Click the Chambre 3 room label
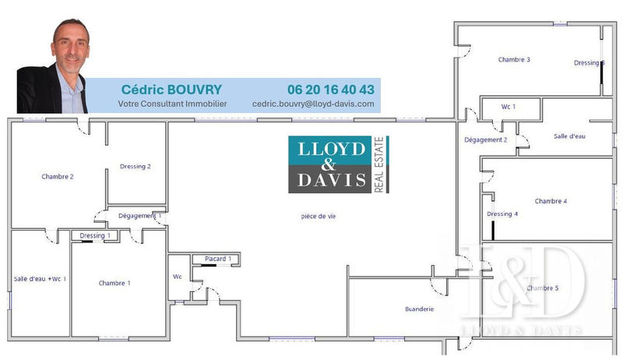514,59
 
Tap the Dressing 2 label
135,167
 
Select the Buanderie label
420,309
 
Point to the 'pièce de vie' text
319,216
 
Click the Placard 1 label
218,259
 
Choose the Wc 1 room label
509,107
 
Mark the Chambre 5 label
543,288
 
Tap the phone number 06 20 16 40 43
331,90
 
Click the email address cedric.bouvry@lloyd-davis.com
313,104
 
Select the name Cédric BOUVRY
171,90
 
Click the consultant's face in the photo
71,48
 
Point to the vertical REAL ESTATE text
379,164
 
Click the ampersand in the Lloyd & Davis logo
328,164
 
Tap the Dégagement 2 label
485,139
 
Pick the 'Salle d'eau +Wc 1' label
40,279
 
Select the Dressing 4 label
502,214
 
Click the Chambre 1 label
114,283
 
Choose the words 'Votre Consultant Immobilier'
172,104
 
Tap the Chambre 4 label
551,201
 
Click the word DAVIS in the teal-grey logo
332,180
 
